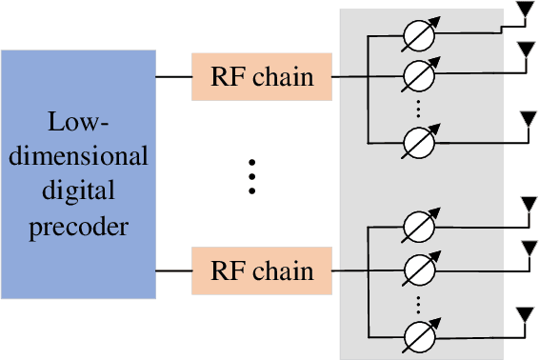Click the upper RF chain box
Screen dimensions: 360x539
tap(262, 76)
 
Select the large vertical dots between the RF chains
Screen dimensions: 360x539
tap(252, 175)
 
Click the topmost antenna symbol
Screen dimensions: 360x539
tap(523, 12)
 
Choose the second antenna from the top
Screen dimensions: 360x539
tap(523, 50)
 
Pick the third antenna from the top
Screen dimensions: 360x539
tap(523, 120)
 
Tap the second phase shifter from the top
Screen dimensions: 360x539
tap(416, 74)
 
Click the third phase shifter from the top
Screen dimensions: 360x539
tap(416, 142)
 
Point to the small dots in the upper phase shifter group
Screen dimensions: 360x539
tap(416, 108)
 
